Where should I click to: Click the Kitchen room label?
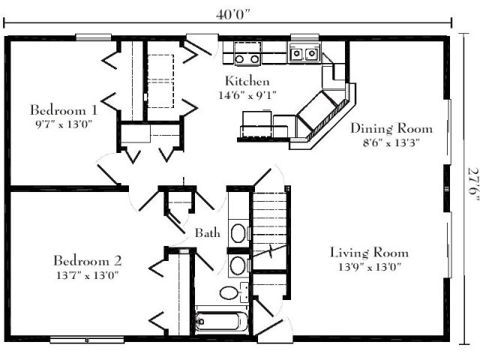(x=247, y=81)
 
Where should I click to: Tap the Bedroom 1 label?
(x=64, y=110)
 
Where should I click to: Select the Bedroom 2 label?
(x=88, y=261)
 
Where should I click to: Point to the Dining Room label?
(x=391, y=128)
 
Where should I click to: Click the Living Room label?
(x=369, y=253)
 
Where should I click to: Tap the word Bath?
(x=208, y=233)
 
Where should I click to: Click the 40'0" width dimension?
(x=233, y=14)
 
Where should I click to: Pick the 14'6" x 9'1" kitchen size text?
(x=247, y=95)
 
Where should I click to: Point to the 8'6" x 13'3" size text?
(x=391, y=142)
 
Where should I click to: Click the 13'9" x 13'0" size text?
(x=370, y=267)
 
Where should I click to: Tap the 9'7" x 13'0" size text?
(x=64, y=124)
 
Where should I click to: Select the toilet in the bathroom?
(x=234, y=293)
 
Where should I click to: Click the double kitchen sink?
(x=304, y=54)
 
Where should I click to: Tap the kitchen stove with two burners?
(x=247, y=53)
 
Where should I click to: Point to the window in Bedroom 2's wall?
(x=87, y=340)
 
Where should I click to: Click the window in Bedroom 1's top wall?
(x=93, y=37)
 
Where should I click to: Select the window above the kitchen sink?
(x=304, y=37)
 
